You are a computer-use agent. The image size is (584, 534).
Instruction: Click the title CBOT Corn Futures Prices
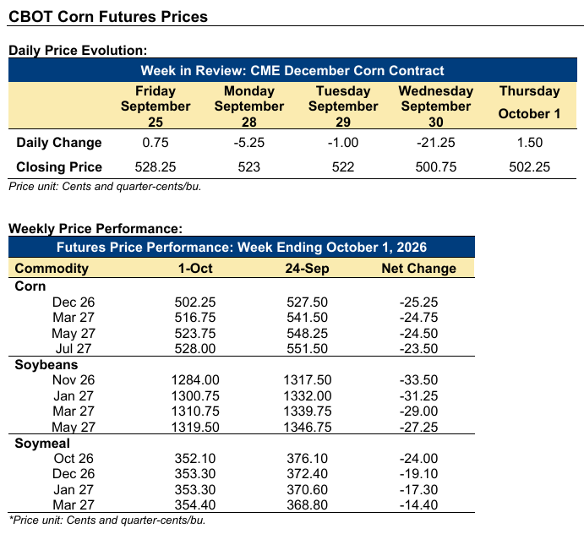[108, 17]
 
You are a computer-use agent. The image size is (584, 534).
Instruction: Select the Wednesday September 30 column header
[436, 106]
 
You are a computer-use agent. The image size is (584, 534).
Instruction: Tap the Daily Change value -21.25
[436, 143]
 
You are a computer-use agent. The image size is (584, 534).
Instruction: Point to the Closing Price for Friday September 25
[156, 166]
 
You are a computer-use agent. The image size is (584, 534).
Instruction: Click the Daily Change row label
[59, 143]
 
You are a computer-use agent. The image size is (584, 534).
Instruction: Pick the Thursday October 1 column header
[529, 102]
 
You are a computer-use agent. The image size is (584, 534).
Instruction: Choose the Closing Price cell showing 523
[248, 166]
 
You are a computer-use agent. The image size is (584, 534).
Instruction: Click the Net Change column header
[418, 268]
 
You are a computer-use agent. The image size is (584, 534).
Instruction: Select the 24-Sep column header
[307, 268]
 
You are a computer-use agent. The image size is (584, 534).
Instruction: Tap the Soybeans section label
[46, 364]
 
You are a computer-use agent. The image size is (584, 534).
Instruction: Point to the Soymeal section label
[42, 443]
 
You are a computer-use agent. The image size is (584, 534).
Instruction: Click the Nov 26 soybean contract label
[74, 380]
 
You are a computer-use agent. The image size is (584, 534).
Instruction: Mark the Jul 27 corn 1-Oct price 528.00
[195, 349]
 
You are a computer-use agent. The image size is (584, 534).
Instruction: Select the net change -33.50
[418, 380]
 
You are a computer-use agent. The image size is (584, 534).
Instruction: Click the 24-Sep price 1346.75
[308, 428]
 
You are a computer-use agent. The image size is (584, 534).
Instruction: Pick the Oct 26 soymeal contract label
[74, 459]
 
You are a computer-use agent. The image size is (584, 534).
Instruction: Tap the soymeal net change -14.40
[418, 505]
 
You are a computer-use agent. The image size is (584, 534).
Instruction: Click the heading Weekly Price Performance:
[96, 228]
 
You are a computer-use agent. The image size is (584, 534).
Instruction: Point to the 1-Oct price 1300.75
[195, 395]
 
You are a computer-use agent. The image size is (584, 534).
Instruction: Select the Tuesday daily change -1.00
[343, 143]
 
